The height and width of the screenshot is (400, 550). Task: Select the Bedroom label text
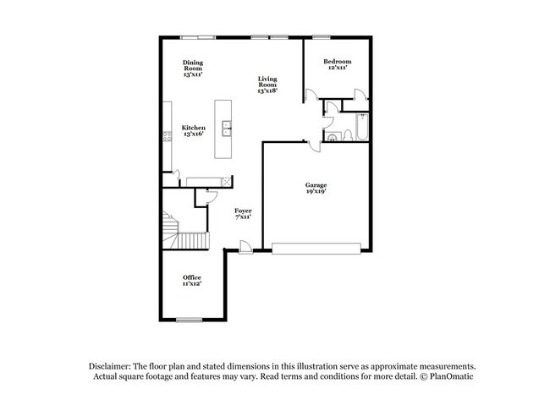click(338, 63)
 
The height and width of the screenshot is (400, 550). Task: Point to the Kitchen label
click(194, 129)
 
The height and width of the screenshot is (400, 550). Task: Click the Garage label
click(316, 185)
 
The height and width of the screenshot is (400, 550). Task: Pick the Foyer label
click(243, 211)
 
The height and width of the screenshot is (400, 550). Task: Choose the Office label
click(192, 277)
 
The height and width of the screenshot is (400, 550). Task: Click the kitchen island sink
click(227, 129)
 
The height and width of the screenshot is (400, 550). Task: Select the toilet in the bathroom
click(334, 136)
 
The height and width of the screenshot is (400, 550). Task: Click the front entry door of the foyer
click(245, 247)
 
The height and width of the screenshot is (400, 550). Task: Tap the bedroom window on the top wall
click(322, 36)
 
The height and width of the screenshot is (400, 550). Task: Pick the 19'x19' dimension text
click(316, 192)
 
